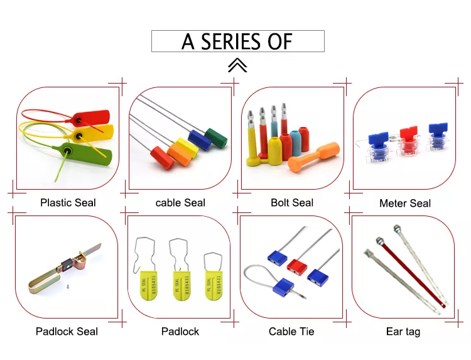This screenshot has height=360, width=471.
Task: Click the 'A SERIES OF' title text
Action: [237, 41]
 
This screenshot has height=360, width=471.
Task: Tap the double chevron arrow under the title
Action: [237, 65]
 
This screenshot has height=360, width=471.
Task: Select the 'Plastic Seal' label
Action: [68, 203]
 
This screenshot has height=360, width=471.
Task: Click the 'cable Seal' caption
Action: [180, 203]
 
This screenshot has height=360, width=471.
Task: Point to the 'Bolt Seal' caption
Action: [292, 203]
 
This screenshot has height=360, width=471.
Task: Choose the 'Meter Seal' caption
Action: [405, 204]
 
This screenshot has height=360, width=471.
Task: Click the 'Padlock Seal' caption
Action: [67, 331]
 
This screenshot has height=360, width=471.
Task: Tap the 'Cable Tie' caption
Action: [291, 331]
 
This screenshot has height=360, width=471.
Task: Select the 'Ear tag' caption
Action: [403, 331]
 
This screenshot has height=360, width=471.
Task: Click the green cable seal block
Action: [215, 138]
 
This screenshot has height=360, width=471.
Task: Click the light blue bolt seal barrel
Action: [295, 143]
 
